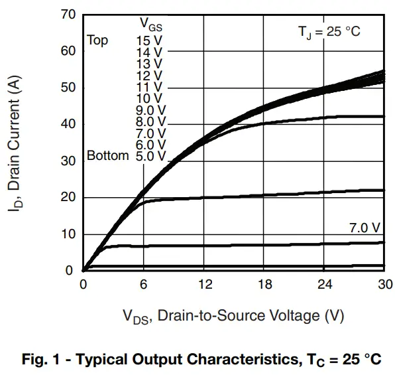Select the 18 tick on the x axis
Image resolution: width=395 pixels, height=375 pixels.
click(264, 285)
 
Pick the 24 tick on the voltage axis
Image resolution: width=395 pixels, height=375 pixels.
click(325, 285)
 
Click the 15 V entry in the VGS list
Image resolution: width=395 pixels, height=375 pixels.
click(149, 40)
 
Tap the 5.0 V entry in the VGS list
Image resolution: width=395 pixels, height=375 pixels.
click(150, 157)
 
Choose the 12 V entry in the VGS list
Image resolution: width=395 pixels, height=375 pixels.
click(149, 75)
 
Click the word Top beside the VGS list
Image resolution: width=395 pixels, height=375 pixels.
click(97, 40)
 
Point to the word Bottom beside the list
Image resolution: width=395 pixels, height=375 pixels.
click(107, 157)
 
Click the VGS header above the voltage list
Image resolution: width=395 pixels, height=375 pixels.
click(151, 23)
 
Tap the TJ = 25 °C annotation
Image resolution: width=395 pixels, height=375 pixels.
click(329, 32)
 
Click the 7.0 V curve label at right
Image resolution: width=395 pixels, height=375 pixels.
click(365, 228)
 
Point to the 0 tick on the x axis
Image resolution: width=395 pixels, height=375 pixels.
click(83, 285)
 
